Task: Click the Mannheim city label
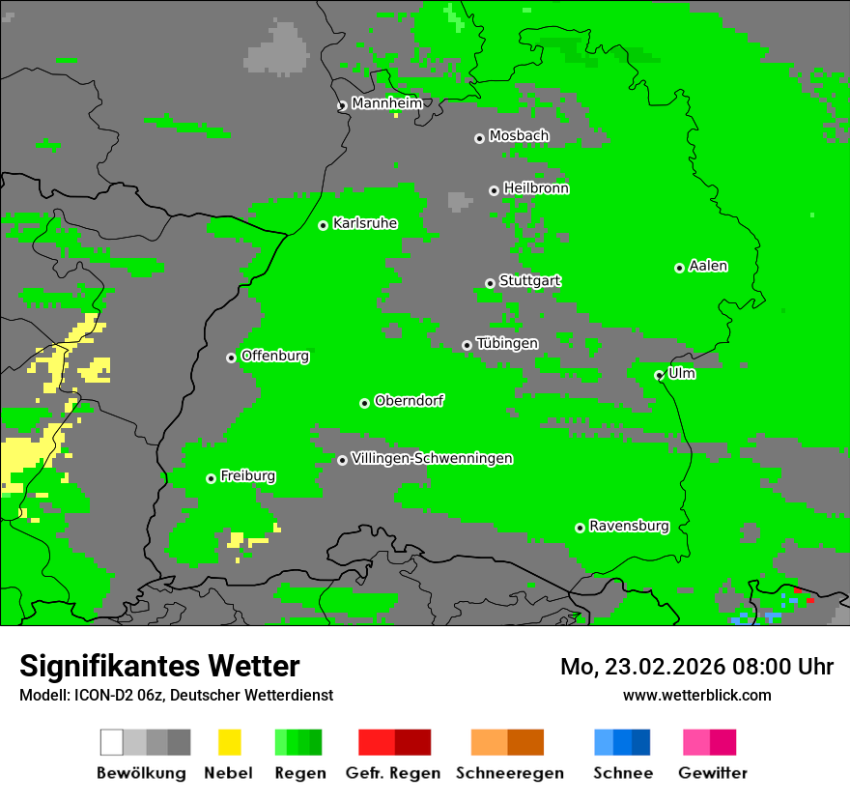pos(386,103)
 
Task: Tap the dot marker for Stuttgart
pos(490,283)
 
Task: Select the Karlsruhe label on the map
pos(364,223)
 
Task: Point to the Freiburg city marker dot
pos(211,478)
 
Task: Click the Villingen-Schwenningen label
pos(432,458)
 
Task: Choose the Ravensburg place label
pos(629,526)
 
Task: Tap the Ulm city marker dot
pos(659,375)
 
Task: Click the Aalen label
pos(708,266)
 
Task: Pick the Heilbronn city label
pos(535,188)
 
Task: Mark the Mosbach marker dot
pos(479,138)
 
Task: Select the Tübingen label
pos(506,343)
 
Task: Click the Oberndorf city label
pos(409,400)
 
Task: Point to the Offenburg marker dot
pos(231,358)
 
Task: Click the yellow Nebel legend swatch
pos(229,742)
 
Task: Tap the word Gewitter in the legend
pos(712,773)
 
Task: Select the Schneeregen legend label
pos(509,773)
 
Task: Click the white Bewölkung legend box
pos(112,742)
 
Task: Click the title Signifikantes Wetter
pos(159,666)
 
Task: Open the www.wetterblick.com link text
pos(696,695)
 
